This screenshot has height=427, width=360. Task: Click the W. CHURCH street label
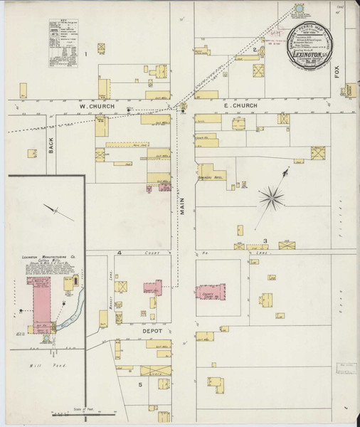92,107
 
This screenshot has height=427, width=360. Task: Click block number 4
120,253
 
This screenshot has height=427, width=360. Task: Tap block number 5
140,385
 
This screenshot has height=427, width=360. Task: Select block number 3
265,241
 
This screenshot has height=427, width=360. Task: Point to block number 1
86,53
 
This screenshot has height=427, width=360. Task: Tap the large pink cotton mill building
39,299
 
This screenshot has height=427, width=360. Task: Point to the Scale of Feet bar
83,412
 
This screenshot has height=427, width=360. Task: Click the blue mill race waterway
68,313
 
